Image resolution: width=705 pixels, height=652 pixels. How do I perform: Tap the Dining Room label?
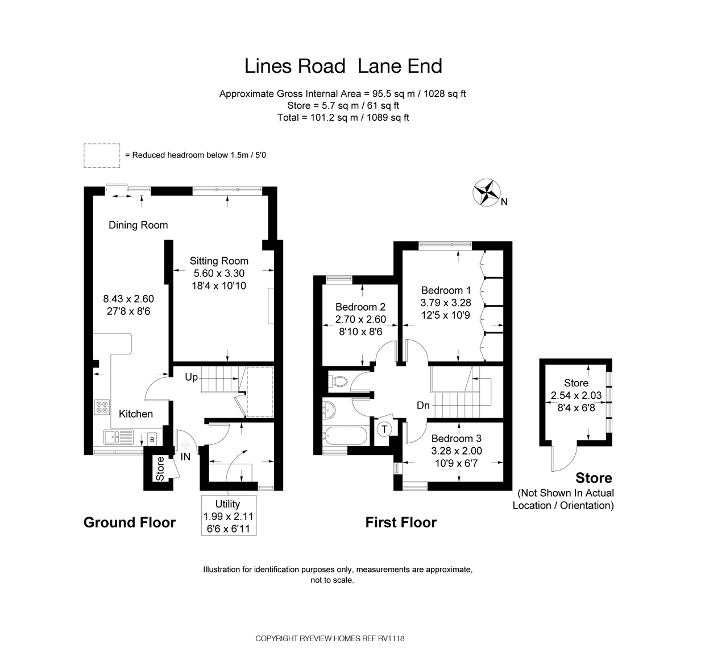(x=138, y=225)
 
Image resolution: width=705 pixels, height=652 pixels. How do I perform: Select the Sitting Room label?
(x=219, y=261)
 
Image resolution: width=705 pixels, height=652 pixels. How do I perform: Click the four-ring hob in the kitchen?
(x=102, y=407)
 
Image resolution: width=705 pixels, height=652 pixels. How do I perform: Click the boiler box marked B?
(x=152, y=439)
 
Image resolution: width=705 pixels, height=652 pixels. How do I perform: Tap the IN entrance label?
(x=185, y=456)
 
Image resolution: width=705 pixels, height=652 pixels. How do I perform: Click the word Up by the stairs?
(x=192, y=377)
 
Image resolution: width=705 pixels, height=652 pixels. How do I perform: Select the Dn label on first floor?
(x=423, y=406)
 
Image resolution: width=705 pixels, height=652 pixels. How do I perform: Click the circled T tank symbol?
(x=385, y=428)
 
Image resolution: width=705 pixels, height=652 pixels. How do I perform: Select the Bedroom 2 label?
(x=360, y=307)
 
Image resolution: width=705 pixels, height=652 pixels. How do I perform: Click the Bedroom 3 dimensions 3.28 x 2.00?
(x=456, y=451)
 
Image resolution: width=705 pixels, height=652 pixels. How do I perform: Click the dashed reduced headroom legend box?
(x=102, y=155)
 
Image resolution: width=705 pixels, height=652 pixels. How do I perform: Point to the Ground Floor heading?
(x=130, y=522)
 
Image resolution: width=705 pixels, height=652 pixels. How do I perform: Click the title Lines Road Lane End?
(x=343, y=66)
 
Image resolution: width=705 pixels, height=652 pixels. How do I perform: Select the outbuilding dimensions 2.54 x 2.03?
(x=576, y=395)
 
